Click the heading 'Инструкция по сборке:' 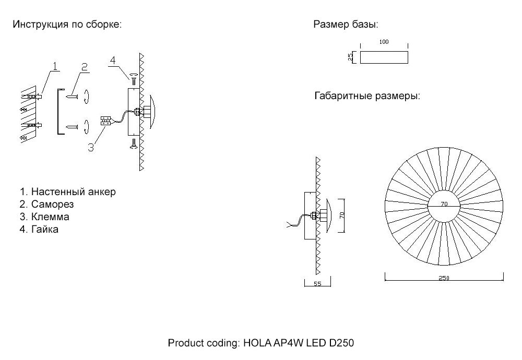[67, 25]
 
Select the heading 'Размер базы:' [346, 25]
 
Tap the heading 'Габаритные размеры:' [367, 97]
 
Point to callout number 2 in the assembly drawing [84, 67]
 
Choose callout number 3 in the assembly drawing [91, 147]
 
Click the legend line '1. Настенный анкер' [67, 191]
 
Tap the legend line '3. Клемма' [44, 217]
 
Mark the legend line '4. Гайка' [39, 229]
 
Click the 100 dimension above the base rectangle [384, 42]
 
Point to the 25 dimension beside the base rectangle [350, 57]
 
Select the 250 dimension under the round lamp [444, 278]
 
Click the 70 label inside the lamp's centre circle [444, 205]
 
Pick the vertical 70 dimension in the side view [343, 215]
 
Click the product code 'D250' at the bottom [341, 343]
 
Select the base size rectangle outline [384, 57]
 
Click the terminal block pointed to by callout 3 [105, 121]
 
